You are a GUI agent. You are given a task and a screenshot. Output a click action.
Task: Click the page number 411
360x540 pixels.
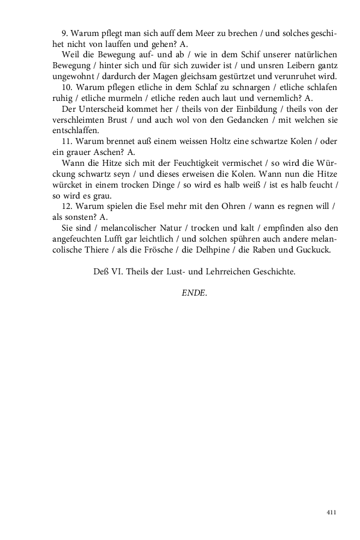click(x=331, y=513)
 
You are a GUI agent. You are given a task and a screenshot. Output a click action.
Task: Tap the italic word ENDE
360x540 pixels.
click(x=194, y=293)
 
